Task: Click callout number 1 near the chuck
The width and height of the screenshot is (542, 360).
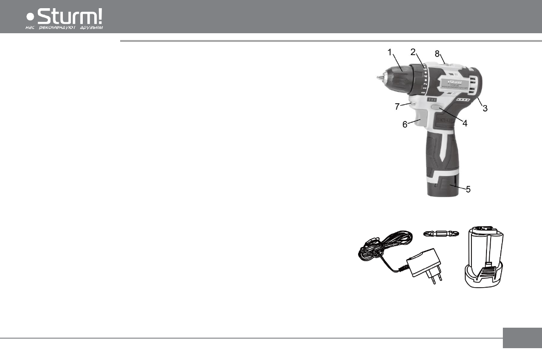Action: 390,53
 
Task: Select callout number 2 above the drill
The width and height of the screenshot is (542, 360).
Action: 413,52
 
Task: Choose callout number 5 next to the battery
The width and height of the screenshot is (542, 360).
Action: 468,188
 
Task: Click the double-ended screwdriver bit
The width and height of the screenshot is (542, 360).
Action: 441,234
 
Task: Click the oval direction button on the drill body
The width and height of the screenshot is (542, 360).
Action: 437,108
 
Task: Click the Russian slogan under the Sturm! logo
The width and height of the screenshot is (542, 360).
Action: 64,27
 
